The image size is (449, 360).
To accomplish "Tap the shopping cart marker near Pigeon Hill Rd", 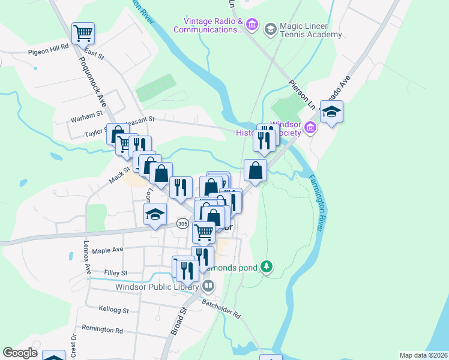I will pos(83,33).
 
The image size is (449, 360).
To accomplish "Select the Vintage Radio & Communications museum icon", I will pos(252,25).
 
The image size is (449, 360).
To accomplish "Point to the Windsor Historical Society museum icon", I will pos(310,127).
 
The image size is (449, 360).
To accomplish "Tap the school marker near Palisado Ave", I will pos(331,112).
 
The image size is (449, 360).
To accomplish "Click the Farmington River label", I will pos(322,205).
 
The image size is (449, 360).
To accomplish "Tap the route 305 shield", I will pos(183,223).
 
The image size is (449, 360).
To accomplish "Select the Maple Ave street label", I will pos(108,250).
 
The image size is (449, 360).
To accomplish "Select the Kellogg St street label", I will pos(113,310).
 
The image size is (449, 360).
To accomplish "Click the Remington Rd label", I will pos(102,330).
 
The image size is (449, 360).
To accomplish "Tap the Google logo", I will pos(20,353).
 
